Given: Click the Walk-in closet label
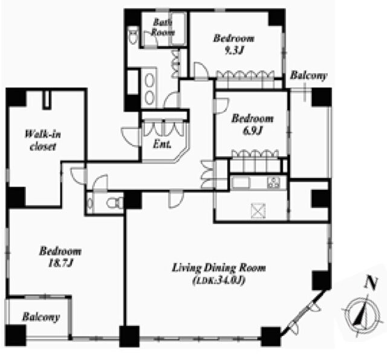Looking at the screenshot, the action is coord(43,140).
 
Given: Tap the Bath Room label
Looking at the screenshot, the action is coord(163,27).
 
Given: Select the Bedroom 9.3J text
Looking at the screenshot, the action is coord(233,45).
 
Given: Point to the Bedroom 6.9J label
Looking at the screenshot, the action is coord(252,125).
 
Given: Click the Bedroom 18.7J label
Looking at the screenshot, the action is coord(60,257).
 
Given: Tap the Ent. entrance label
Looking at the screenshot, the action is coord(162,144).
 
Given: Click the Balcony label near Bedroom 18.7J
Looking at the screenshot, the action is coord(41,317).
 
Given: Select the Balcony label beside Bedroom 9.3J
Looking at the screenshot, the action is coord(308,75).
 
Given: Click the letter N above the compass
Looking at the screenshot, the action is coord(371,283).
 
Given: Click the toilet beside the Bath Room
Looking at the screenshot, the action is coord(133,36).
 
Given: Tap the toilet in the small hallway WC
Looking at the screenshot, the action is coord(115,203).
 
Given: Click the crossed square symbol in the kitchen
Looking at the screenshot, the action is coord(258,211).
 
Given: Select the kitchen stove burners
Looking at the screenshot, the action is coord(273,183).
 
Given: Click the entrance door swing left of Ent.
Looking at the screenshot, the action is coord(131,137).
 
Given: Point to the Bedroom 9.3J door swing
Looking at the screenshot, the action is coord(201,70).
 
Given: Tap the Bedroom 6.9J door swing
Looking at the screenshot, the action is coord(222,106).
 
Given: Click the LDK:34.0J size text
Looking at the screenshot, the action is coord(219,281).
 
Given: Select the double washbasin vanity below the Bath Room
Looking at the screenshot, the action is coord(149,88).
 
